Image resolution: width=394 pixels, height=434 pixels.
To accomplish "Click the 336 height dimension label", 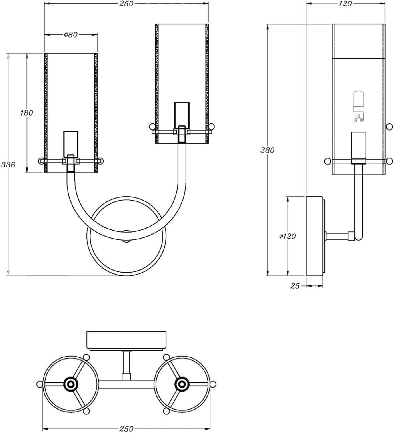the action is [x=8, y=165].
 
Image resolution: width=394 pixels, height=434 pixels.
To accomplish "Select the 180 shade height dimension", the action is [x=26, y=113].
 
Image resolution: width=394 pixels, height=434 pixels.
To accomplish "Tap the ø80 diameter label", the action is [x=71, y=34].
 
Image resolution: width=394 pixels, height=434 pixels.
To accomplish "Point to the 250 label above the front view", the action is [x=126, y=4].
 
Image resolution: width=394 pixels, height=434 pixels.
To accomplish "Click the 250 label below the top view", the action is [x=126, y=428].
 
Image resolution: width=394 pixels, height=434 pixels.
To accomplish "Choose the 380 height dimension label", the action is [x=267, y=150].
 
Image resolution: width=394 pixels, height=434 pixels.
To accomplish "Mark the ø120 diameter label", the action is [x=287, y=236].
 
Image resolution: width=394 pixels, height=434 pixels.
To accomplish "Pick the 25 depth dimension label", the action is [x=295, y=286].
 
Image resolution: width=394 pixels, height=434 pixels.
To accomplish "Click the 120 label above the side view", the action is [x=345, y=4].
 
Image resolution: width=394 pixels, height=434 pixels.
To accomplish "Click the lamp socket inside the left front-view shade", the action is [x=71, y=145].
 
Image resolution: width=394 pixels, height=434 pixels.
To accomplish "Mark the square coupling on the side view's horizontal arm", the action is [x=351, y=236].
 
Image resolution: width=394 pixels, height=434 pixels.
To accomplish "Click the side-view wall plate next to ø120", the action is [x=315, y=236].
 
